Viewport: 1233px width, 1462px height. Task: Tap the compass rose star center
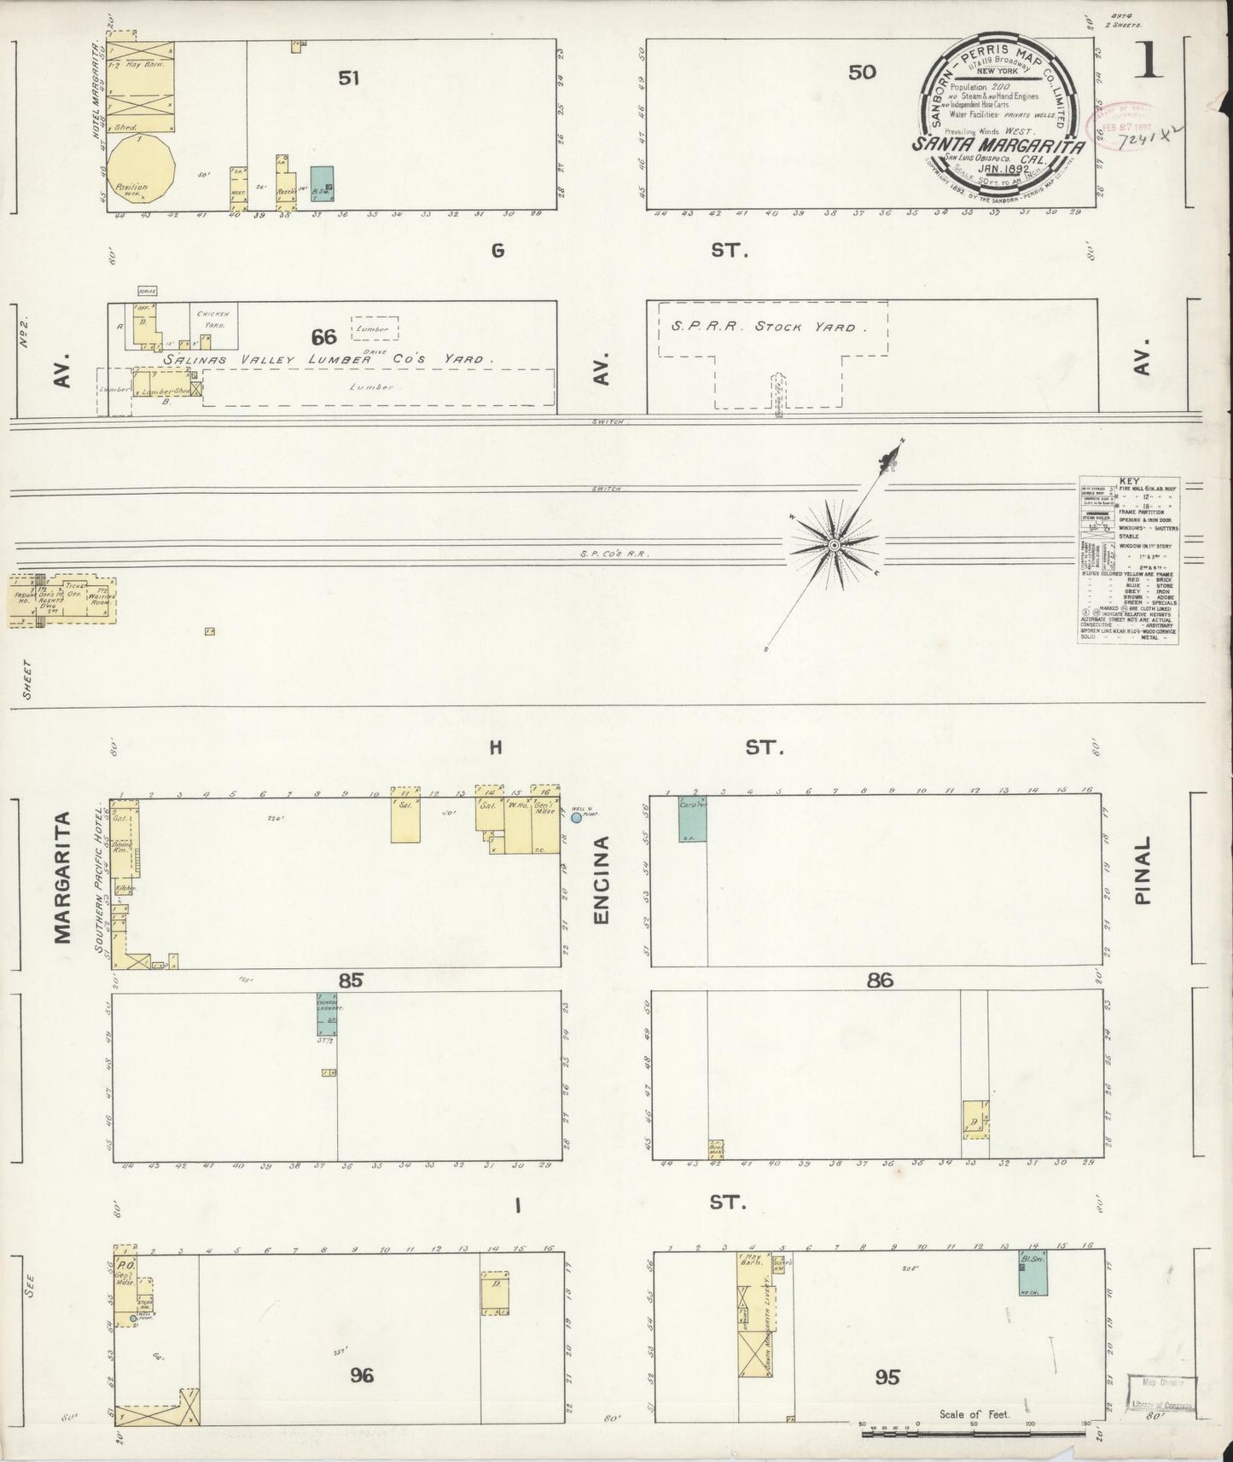[x=835, y=543]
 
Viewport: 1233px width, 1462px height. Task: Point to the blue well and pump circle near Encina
[x=576, y=817]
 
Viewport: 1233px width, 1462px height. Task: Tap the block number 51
[x=348, y=78]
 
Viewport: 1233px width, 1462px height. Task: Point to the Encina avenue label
[x=602, y=880]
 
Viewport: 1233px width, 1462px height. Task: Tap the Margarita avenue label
[x=61, y=879]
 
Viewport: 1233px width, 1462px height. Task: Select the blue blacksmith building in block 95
[x=1033, y=1274]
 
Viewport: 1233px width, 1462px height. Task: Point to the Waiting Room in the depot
[x=100, y=598]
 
